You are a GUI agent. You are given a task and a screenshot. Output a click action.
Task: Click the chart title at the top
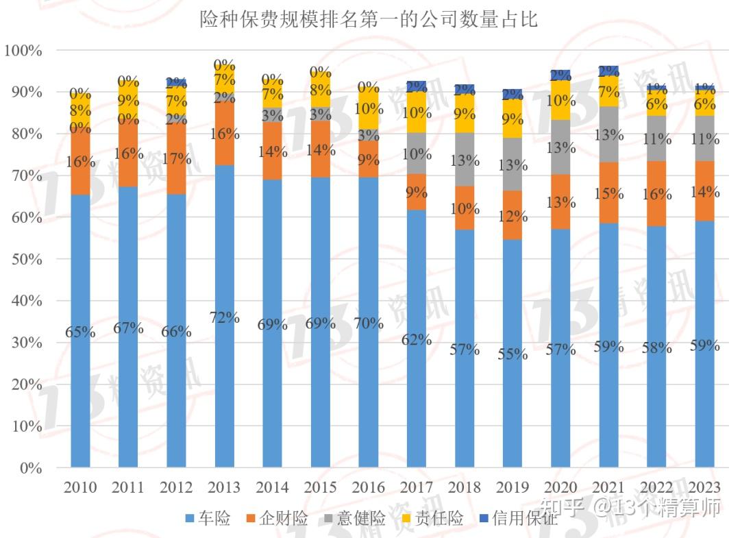pyautogui.click(x=369, y=19)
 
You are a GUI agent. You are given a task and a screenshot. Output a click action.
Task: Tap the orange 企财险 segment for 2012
pyautogui.click(x=177, y=159)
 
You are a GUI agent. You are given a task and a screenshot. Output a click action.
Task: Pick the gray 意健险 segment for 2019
pyautogui.click(x=513, y=164)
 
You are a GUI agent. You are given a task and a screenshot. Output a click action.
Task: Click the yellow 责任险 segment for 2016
pyautogui.click(x=369, y=108)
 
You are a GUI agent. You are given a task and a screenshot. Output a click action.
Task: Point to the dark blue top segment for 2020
pyautogui.click(x=561, y=75)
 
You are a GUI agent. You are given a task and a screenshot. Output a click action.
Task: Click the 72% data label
pyautogui.click(x=225, y=317)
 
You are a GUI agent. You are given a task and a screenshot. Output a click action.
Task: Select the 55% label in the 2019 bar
pyautogui.click(x=513, y=354)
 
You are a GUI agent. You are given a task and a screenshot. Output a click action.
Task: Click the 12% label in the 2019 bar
pyautogui.click(x=513, y=217)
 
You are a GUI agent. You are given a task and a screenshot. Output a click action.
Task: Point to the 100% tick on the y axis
pyautogui.click(x=23, y=50)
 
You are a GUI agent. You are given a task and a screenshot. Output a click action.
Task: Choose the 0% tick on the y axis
pyautogui.click(x=31, y=468)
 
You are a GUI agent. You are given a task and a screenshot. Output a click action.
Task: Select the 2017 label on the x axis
pyautogui.click(x=417, y=487)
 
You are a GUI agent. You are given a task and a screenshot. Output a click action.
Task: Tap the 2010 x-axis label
pyautogui.click(x=80, y=487)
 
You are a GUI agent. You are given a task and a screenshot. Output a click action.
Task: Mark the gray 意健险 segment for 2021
pyautogui.click(x=609, y=134)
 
